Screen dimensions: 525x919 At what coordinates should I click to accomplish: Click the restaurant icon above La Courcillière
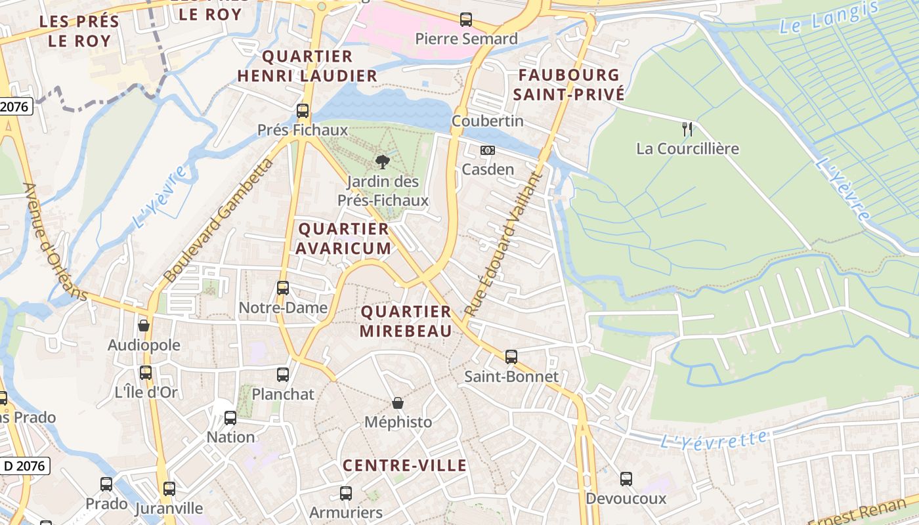coord(687,129)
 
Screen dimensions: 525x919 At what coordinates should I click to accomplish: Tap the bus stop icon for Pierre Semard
coord(466,20)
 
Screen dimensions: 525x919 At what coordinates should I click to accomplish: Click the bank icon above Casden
coord(487,150)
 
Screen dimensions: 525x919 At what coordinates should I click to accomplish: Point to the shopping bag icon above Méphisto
coord(398,402)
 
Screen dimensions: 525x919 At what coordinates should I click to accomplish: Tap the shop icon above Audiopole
coord(144,325)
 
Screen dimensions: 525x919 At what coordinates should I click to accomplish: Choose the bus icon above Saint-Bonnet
coord(511,357)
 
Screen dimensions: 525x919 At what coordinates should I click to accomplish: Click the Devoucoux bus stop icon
coord(626,479)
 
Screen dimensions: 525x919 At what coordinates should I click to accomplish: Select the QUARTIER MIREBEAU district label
coord(406,321)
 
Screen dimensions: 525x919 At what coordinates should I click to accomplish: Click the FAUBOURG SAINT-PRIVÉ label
coord(568,85)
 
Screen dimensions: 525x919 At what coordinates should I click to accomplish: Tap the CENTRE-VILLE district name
coord(404,466)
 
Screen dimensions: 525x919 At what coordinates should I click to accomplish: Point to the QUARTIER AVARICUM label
coord(343,238)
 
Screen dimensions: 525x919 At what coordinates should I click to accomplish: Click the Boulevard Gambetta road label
coord(218,220)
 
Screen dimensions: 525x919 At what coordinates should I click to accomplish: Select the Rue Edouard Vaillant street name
coord(504,243)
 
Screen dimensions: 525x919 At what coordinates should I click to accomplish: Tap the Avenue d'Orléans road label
coord(55,241)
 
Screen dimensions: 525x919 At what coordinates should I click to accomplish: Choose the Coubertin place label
coord(488,121)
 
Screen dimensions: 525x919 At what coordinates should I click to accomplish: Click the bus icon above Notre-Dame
coord(283,287)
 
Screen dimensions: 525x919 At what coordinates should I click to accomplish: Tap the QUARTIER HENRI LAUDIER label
coord(307,66)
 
